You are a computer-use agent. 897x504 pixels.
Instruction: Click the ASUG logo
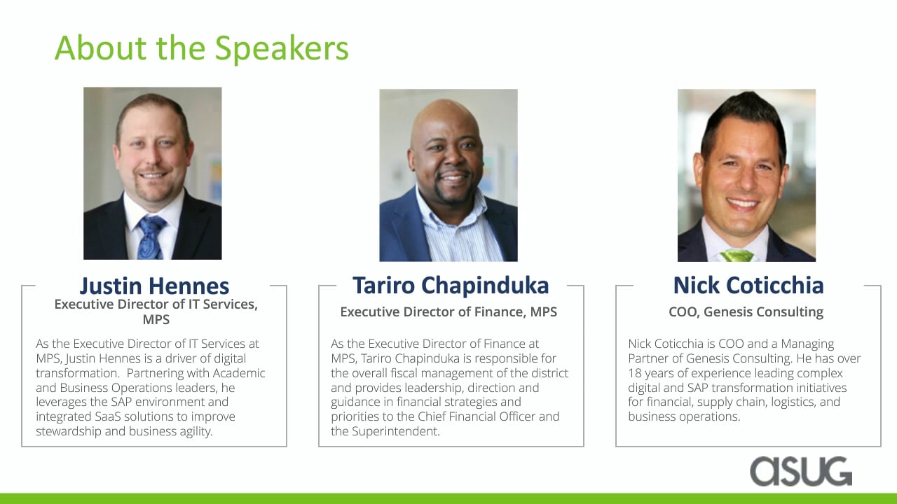(801, 471)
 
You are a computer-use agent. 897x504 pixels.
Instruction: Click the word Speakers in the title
(282, 49)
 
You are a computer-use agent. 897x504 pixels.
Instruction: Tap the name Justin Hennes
(155, 286)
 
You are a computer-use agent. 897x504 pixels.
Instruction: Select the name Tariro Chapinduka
(451, 286)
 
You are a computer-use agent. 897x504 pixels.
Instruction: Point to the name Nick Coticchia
(748, 286)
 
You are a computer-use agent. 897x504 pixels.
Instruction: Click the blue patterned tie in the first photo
(151, 237)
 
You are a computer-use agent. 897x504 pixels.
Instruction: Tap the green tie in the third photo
(737, 255)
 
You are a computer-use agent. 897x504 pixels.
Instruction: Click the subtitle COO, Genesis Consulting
(746, 311)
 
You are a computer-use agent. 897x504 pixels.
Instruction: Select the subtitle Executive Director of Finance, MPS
(448, 311)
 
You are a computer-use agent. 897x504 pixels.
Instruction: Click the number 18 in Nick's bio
(635, 373)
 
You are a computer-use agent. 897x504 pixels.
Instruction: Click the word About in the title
(101, 48)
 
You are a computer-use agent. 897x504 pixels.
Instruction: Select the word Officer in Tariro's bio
(517, 416)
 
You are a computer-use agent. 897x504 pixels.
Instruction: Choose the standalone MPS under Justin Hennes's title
(156, 320)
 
